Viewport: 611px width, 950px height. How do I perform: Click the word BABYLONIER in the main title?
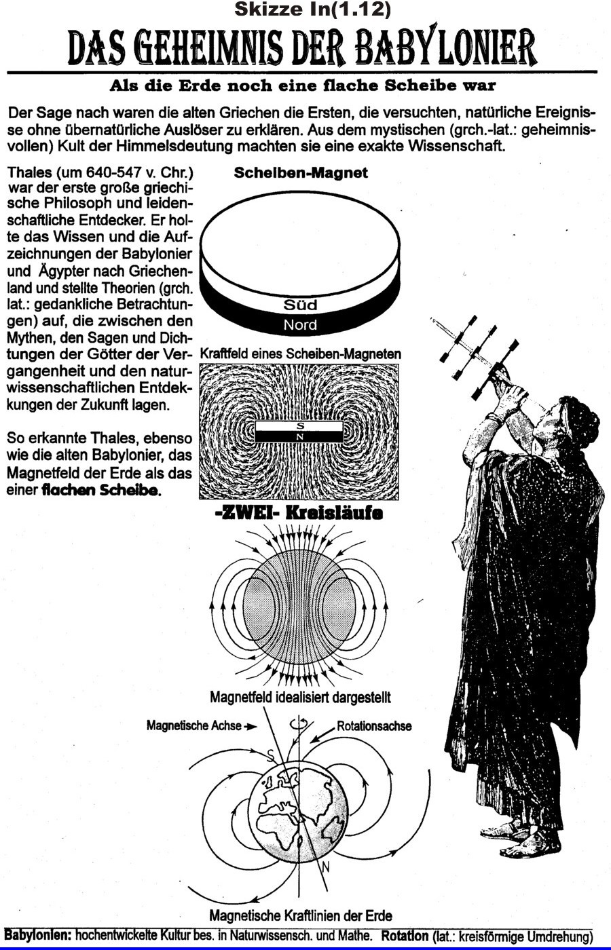click(447, 47)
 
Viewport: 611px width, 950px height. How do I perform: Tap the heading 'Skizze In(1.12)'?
click(312, 9)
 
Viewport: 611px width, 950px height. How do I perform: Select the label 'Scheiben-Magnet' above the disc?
click(301, 173)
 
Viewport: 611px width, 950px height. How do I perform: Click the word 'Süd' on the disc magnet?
click(300, 305)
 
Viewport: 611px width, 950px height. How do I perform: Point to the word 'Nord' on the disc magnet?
click(300, 325)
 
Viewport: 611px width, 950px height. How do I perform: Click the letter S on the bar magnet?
click(300, 425)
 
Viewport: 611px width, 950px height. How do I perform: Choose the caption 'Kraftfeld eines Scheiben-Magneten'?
click(300, 354)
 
